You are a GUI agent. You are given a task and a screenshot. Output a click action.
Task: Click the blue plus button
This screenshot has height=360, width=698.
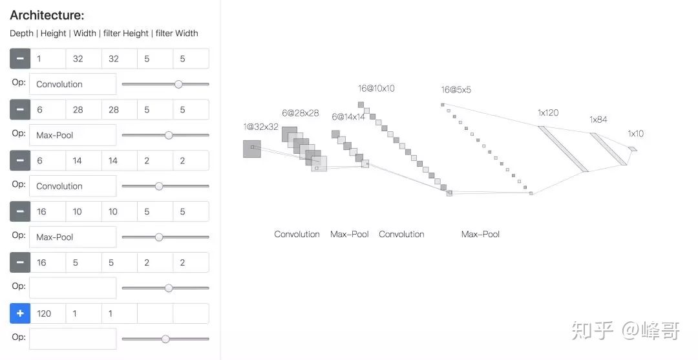(x=20, y=313)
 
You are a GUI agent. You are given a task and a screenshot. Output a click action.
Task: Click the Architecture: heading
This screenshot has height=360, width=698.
(x=47, y=16)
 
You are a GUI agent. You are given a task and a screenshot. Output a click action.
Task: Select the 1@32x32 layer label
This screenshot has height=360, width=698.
(x=260, y=127)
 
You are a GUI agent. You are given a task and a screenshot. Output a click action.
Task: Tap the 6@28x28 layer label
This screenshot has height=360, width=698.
(x=301, y=113)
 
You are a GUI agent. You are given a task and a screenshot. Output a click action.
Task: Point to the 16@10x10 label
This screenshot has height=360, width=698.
(x=376, y=89)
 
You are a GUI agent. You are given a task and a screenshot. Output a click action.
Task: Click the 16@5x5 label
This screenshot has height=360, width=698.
(x=456, y=90)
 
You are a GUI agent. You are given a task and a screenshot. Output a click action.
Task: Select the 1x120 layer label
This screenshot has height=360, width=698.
(x=548, y=112)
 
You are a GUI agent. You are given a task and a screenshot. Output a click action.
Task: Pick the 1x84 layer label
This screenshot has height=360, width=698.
(x=598, y=120)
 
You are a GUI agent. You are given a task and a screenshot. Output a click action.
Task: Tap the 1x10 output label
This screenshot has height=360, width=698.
(x=636, y=134)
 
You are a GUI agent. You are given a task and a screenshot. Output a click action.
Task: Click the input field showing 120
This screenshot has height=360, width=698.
(x=48, y=313)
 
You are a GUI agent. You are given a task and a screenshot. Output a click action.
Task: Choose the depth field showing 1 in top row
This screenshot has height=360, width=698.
(x=48, y=59)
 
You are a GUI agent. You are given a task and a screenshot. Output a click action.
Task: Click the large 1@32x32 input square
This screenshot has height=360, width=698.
(x=252, y=149)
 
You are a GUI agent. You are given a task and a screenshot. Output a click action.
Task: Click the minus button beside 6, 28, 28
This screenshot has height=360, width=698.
(x=20, y=110)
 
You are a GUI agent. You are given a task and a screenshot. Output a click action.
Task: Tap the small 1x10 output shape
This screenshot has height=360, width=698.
(x=632, y=149)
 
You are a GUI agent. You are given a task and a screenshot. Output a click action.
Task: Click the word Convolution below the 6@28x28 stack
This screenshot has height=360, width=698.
(x=297, y=235)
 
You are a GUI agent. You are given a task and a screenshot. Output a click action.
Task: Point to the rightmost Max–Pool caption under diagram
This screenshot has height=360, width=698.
(x=480, y=235)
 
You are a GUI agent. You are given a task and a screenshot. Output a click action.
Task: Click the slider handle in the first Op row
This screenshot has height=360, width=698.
(x=178, y=84)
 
